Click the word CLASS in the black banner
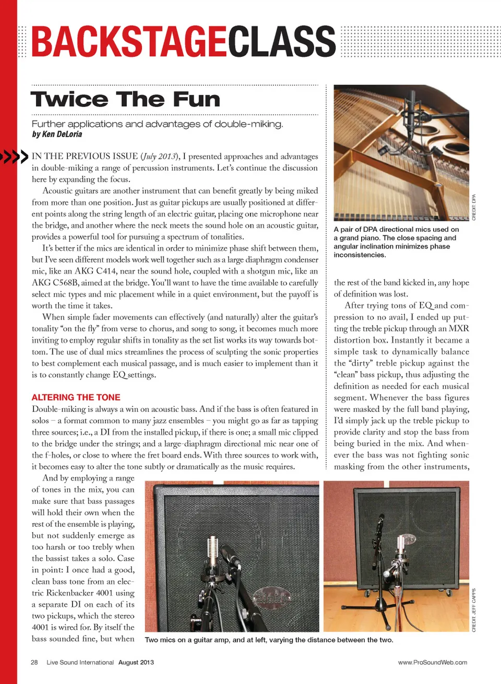pyautogui.click(x=282, y=42)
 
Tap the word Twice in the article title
pyautogui.click(x=69, y=99)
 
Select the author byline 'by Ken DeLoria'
pyautogui.click(x=57, y=134)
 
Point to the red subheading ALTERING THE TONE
pyautogui.click(x=76, y=397)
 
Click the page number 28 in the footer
pyautogui.click(x=34, y=662)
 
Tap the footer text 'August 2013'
pyautogui.click(x=136, y=662)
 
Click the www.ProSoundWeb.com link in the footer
pyautogui.click(x=432, y=662)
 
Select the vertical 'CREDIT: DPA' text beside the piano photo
pyautogui.click(x=474, y=207)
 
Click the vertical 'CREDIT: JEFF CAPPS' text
pyautogui.click(x=474, y=610)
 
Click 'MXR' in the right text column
pyautogui.click(x=459, y=328)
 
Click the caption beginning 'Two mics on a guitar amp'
pyautogui.click(x=269, y=640)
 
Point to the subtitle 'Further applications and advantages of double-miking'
pyautogui.click(x=157, y=124)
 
